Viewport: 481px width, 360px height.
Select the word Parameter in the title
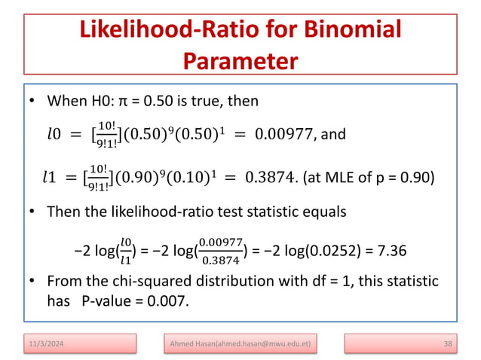(240, 59)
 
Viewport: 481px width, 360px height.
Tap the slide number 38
(447, 344)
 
